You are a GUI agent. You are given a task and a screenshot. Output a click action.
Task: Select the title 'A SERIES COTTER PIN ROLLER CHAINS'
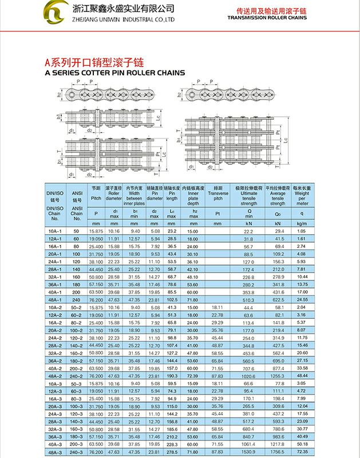(114, 73)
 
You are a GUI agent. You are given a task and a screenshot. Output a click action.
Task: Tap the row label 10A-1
(55, 231)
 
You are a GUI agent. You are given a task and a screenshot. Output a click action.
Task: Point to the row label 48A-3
(55, 452)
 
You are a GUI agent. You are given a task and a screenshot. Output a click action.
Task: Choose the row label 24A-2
(55, 338)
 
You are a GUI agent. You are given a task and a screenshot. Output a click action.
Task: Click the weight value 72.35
(302, 452)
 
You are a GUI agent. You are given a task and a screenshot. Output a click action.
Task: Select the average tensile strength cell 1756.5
(278, 452)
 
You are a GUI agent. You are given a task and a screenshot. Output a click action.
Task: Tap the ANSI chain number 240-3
(77, 452)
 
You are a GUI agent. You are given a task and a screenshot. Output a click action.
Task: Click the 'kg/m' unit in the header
(302, 223)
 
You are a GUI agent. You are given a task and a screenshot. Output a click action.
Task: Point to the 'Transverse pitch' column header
(217, 195)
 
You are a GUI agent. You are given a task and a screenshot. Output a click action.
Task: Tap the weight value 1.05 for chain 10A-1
(302, 231)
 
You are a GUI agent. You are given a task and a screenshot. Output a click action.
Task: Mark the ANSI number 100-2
(77, 330)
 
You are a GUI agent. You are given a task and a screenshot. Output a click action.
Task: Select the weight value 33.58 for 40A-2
(302, 368)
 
